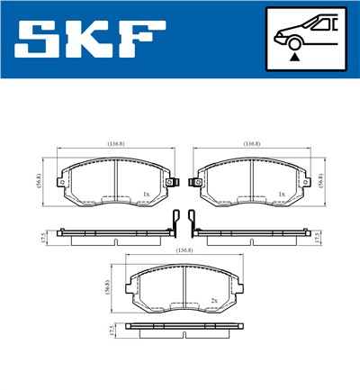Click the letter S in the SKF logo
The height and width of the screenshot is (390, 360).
(x=40, y=39)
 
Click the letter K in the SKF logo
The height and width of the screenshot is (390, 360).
(x=93, y=39)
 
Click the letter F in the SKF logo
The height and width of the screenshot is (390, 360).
(x=145, y=39)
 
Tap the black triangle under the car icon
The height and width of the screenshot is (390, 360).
(x=293, y=57)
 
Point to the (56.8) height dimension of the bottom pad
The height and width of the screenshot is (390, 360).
(x=109, y=288)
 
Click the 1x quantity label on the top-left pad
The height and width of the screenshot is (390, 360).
(x=145, y=194)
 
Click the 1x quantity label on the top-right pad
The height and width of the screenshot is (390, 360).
(x=282, y=194)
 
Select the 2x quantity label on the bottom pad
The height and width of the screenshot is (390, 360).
(x=214, y=300)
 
